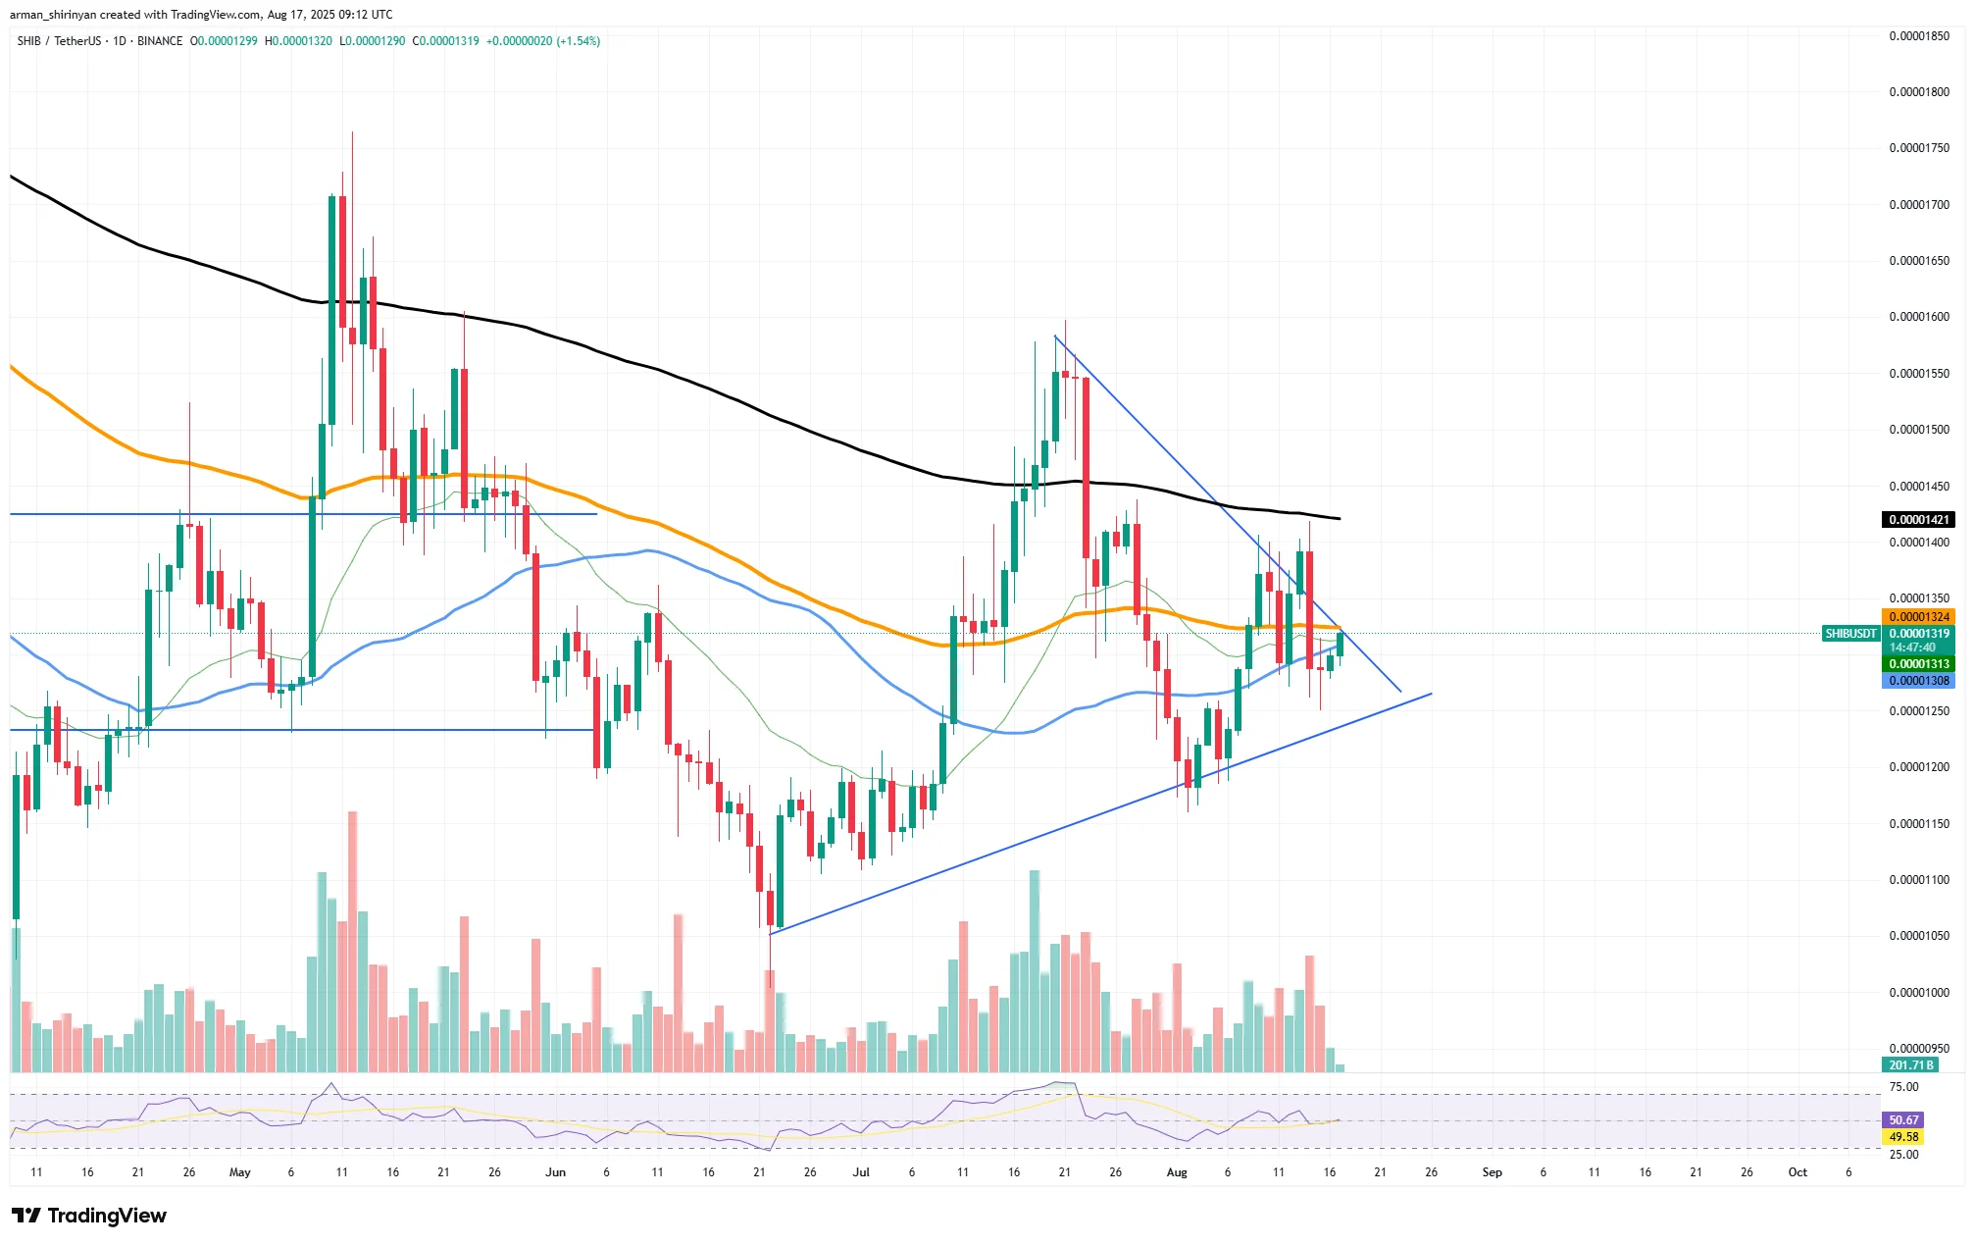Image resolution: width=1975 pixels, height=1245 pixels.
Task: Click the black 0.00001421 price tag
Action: (1918, 520)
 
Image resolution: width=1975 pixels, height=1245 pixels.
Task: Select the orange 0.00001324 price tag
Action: (1918, 617)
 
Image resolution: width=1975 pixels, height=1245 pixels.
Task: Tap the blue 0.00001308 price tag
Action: (1918, 681)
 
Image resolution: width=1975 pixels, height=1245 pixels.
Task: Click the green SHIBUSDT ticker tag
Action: (1850, 634)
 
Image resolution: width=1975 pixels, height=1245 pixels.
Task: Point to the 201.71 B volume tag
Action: (1911, 1065)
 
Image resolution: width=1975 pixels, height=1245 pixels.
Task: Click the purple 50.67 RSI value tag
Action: (1903, 1119)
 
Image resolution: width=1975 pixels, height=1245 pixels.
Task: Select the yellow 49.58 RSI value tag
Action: (1903, 1137)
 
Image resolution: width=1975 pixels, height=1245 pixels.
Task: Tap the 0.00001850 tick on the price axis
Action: (1919, 36)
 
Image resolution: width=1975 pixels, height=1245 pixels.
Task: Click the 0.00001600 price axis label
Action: (1919, 317)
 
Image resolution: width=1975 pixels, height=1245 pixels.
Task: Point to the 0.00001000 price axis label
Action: (1919, 993)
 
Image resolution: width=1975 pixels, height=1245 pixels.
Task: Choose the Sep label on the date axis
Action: (1492, 1172)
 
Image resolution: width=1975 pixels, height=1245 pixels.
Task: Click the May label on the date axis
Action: (239, 1172)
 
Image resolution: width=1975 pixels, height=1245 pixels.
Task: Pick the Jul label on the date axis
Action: (861, 1172)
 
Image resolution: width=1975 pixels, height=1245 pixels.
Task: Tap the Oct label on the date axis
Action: (1798, 1172)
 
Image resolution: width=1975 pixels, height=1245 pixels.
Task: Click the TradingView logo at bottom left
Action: (89, 1216)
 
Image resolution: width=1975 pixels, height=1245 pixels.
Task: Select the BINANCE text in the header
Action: (160, 41)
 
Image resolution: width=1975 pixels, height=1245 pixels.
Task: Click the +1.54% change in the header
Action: (578, 41)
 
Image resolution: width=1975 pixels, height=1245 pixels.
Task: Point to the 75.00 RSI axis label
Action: (1903, 1087)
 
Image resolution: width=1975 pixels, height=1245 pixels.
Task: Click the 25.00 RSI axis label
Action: (1903, 1155)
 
